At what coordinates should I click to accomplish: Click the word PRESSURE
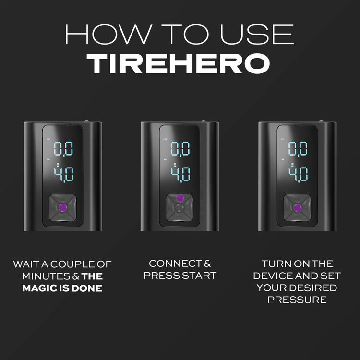[x=298, y=300]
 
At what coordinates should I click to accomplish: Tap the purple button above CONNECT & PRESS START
[x=180, y=198]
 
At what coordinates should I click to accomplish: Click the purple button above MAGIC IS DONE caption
[x=62, y=207]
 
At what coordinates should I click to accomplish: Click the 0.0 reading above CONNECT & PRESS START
[x=180, y=148]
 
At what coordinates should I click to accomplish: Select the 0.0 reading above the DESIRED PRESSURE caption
[x=298, y=148]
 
